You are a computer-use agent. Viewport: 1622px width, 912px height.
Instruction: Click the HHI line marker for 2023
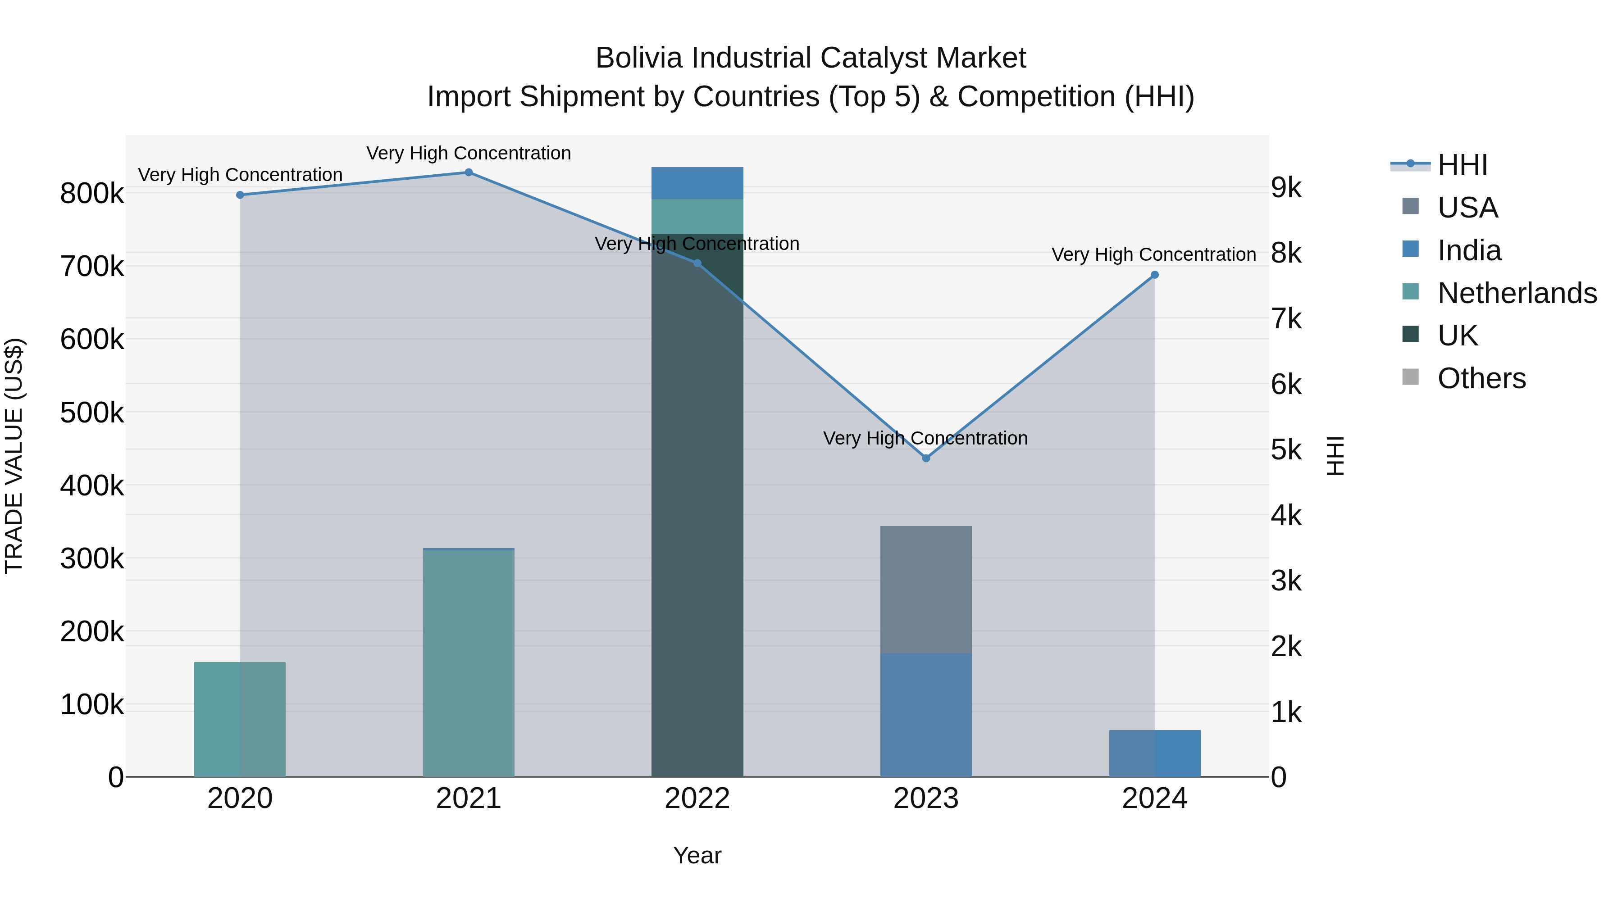point(925,458)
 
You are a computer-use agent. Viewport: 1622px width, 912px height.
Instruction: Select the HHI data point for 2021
point(469,172)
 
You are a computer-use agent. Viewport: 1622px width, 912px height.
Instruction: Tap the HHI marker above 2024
point(1155,275)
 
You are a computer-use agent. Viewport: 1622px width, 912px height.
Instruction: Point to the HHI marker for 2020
point(240,195)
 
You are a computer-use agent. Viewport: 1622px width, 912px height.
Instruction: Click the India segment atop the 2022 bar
point(697,183)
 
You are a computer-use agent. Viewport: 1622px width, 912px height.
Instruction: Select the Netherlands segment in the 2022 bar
point(697,217)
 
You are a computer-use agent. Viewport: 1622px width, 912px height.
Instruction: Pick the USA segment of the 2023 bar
point(925,589)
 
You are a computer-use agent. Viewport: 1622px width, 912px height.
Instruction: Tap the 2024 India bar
point(1155,753)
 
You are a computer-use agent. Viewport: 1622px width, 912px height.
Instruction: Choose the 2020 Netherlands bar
point(240,719)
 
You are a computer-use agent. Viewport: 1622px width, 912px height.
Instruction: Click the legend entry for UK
point(1457,336)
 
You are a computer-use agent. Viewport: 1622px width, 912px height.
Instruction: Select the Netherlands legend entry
point(1516,293)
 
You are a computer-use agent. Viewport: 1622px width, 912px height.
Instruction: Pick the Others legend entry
point(1481,378)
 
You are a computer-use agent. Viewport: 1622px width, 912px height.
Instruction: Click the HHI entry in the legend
point(1462,165)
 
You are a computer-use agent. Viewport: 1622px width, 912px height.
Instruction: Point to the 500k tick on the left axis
point(92,413)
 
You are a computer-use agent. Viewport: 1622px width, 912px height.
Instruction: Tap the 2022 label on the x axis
point(697,799)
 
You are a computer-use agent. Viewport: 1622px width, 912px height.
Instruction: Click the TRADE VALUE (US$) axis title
point(14,456)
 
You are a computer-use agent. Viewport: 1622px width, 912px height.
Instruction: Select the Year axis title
point(697,855)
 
